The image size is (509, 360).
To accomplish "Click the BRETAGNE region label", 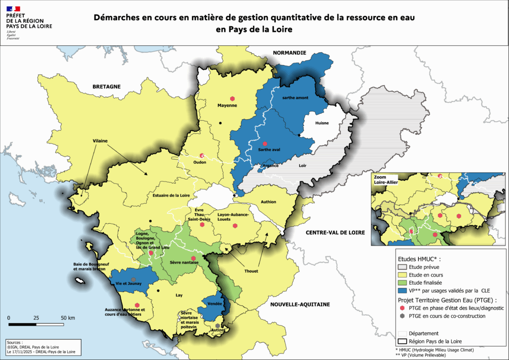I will pos(106,87).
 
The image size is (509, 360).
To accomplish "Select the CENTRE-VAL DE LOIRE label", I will pos(335,233).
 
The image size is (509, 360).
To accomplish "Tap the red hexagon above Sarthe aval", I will pos(265,143).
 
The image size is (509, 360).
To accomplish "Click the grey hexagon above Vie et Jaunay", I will pos(133,279).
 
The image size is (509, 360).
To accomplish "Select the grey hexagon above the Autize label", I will pos(217,326).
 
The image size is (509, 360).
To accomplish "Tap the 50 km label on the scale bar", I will pos(68,318).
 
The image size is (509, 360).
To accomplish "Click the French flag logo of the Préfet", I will pos(13,9).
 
